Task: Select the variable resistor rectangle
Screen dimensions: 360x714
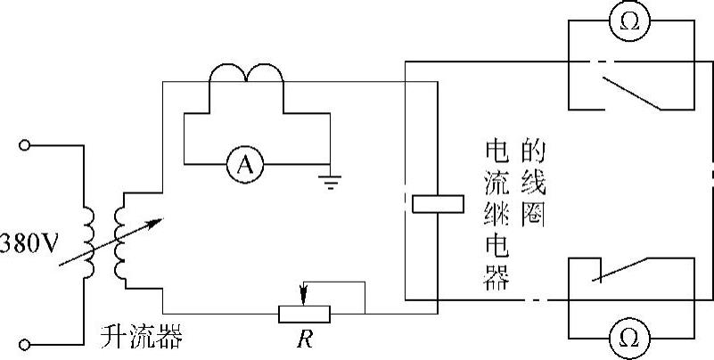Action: (304, 313)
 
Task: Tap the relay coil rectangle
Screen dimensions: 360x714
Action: (437, 203)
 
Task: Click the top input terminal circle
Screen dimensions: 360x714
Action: (26, 144)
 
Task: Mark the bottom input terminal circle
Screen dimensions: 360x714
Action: (26, 342)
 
